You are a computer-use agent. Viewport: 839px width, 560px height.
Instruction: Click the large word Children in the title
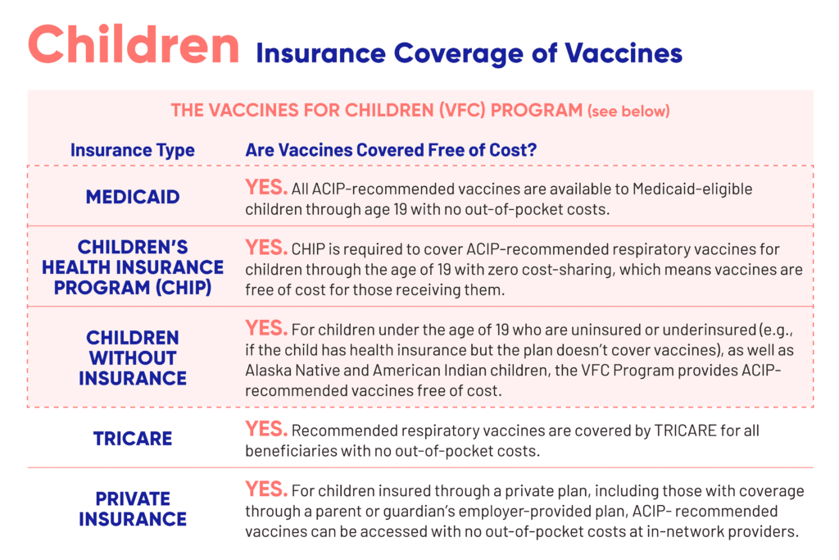tap(134, 45)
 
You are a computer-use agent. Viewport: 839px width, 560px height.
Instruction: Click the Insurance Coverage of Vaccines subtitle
tap(469, 53)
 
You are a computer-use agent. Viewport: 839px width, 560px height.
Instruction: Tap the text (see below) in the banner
tap(628, 111)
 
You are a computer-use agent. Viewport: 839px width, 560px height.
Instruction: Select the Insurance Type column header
tap(133, 151)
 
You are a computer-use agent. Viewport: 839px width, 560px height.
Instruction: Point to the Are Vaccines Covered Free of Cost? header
tap(391, 151)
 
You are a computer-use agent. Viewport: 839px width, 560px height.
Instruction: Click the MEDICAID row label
tap(133, 197)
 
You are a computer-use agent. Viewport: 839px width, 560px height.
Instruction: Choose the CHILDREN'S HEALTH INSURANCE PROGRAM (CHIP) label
tap(133, 266)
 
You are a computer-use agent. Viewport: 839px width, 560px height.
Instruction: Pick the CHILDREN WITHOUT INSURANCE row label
tap(133, 357)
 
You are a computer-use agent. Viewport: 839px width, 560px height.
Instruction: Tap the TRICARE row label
tap(133, 438)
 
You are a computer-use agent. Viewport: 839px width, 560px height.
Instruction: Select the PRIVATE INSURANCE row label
tap(133, 508)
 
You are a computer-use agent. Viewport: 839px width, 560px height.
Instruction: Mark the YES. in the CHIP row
tap(265, 248)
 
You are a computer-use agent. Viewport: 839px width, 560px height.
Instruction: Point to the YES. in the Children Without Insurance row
tap(265, 328)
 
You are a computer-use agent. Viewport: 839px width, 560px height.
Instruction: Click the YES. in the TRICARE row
tap(265, 429)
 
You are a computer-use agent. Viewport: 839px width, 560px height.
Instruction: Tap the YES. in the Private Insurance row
tap(265, 489)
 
